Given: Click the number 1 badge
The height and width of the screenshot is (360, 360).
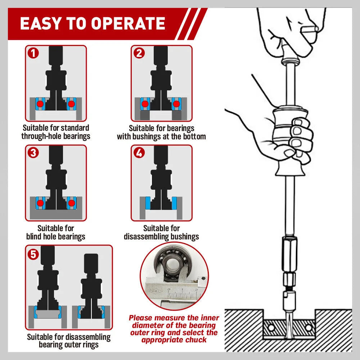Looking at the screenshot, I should point(33,53).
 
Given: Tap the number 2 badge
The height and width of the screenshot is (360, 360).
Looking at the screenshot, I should point(139,53).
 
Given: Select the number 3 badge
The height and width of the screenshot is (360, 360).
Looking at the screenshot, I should point(33,153).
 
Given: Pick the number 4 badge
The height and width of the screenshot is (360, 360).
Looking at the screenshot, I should point(139,153).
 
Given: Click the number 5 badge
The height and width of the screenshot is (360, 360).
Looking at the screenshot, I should point(33,254).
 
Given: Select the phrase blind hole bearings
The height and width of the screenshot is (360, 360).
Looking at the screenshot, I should point(56,237).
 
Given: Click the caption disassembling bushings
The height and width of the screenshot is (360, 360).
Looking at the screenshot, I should point(161,237).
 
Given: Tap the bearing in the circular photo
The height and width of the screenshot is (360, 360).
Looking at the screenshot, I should point(172,265).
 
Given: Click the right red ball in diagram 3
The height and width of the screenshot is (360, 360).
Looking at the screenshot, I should point(72,203).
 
